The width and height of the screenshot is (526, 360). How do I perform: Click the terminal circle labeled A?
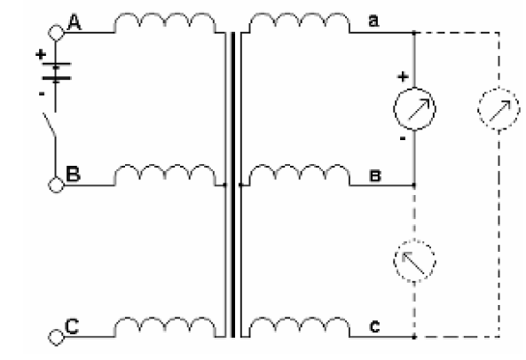tap(56, 33)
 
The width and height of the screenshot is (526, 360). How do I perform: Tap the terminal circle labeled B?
tap(56, 184)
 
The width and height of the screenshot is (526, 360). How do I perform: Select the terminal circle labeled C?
tap(56, 337)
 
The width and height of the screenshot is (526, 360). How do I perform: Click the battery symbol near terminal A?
tap(56, 71)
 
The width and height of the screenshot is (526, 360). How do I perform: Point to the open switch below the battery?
tap(50, 125)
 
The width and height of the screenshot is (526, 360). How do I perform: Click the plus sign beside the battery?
tap(41, 54)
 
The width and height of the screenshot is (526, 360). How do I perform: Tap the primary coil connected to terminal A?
tap(165, 23)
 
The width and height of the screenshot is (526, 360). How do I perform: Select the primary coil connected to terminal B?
tap(165, 175)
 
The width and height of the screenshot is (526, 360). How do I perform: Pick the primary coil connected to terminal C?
tap(165, 327)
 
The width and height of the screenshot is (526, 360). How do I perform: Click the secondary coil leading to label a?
tap(300, 23)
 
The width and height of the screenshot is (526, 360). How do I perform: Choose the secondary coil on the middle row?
tap(300, 175)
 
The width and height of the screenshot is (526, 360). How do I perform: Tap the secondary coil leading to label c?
tap(300, 327)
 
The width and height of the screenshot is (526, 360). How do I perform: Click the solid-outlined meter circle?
tap(414, 89)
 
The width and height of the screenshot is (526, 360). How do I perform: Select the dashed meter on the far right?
tap(499, 89)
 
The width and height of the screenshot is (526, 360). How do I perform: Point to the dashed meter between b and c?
tap(414, 240)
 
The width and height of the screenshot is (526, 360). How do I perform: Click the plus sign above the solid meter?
tap(403, 77)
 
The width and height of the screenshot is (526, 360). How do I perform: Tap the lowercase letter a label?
tap(373, 20)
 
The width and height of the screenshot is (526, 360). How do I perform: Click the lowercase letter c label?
tap(374, 326)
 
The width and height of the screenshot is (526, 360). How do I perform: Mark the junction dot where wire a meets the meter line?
tap(414, 33)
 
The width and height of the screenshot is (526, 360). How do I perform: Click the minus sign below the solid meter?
tap(403, 138)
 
